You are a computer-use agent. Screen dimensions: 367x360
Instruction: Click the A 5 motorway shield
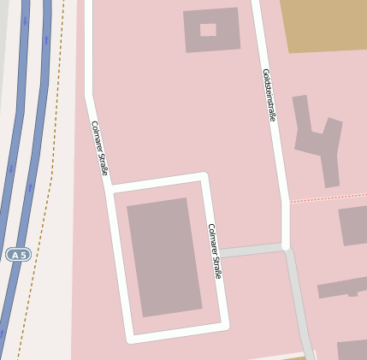coord(18,255)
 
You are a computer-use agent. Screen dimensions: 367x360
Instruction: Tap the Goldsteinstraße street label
coord(269,95)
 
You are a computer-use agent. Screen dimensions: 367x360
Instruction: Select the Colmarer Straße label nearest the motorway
coord(99,148)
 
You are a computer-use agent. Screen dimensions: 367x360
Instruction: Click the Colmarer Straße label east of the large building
coord(215,251)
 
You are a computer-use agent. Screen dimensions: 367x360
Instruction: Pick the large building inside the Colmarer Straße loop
coord(163,257)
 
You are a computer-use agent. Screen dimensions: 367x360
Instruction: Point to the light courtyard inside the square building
coord(208,30)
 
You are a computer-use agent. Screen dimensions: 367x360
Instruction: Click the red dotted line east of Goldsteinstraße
coord(329,197)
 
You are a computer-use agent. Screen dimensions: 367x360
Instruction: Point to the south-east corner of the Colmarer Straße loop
coord(224,326)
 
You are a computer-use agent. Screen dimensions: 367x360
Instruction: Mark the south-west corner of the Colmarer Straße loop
coord(131,338)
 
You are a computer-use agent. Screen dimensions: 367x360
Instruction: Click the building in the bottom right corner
coord(352,350)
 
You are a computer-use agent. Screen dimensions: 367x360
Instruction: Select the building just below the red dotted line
coord(353,225)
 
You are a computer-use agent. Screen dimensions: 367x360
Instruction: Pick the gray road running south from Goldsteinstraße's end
coord(299,299)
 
